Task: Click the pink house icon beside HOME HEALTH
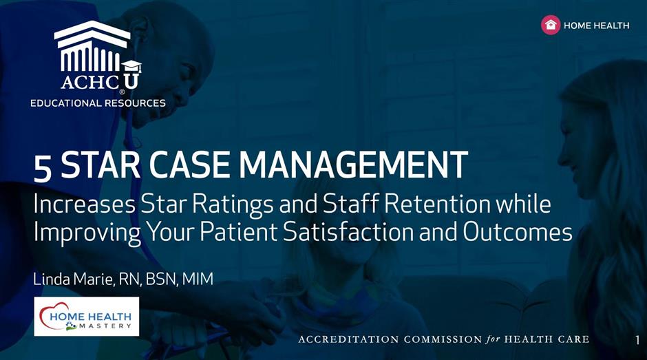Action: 551,25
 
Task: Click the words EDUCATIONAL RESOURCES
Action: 98,103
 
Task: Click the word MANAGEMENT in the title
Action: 354,165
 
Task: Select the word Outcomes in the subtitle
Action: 518,231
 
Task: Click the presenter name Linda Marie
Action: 73,279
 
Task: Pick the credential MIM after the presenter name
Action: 198,279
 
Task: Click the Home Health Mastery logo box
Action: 86,316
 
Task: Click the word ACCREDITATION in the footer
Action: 349,339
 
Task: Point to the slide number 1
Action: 638,340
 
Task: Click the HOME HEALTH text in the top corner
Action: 597,25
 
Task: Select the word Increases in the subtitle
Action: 85,204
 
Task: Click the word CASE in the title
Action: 190,165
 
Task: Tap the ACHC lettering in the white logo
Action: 90,82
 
